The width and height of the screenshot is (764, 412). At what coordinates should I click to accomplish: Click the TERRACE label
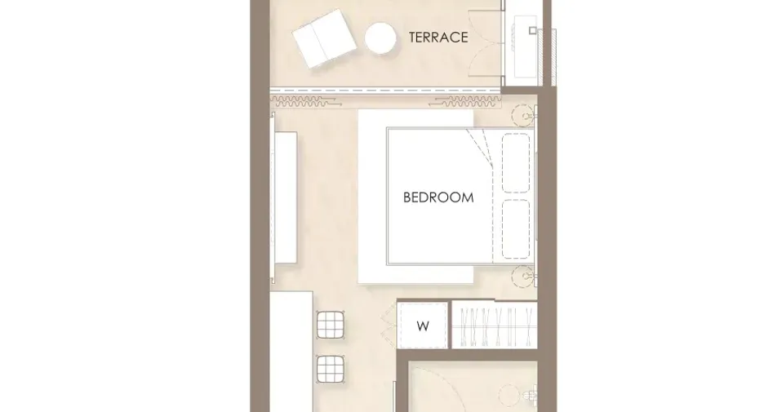438,38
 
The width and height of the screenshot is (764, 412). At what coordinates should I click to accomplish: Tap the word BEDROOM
438,197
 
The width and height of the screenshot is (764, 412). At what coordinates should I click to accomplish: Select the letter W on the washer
423,326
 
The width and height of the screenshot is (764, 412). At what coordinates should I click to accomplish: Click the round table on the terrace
380,38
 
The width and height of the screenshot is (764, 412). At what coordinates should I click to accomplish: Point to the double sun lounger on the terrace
324,38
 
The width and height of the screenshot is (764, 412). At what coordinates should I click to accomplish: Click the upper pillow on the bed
516,163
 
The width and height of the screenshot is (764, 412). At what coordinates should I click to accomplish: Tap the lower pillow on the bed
516,229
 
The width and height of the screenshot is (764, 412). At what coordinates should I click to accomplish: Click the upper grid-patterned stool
331,325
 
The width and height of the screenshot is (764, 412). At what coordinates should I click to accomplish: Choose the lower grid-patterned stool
331,369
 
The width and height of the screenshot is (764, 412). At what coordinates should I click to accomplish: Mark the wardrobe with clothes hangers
494,326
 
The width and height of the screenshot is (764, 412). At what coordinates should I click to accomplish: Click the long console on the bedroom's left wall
286,197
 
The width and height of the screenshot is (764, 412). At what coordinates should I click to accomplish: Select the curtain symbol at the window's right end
466,102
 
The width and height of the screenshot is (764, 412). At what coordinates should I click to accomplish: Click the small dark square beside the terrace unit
533,31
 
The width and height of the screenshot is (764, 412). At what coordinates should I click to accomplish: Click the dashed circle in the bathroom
509,395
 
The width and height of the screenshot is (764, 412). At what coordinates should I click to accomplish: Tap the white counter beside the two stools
291,352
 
